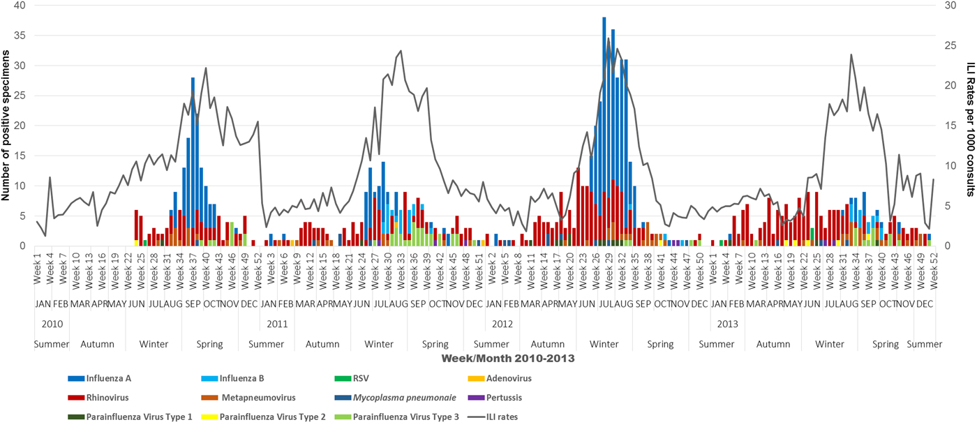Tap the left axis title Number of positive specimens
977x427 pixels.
(6, 126)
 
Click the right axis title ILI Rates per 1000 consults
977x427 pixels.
(971, 126)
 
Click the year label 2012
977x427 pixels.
(502, 324)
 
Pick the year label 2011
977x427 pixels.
(277, 324)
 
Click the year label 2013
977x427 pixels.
(727, 324)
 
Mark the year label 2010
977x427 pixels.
(52, 324)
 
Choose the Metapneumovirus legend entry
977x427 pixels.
(258, 398)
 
